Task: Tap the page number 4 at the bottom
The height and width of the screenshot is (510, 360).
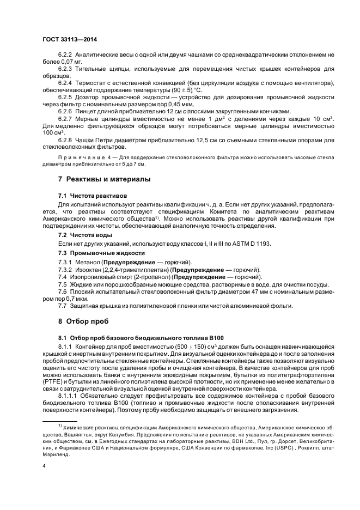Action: point(44,465)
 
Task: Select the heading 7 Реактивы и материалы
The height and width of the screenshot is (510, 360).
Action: point(105,179)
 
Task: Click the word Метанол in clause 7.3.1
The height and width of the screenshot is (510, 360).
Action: point(90,262)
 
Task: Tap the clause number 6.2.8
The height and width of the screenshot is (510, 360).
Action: point(66,139)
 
